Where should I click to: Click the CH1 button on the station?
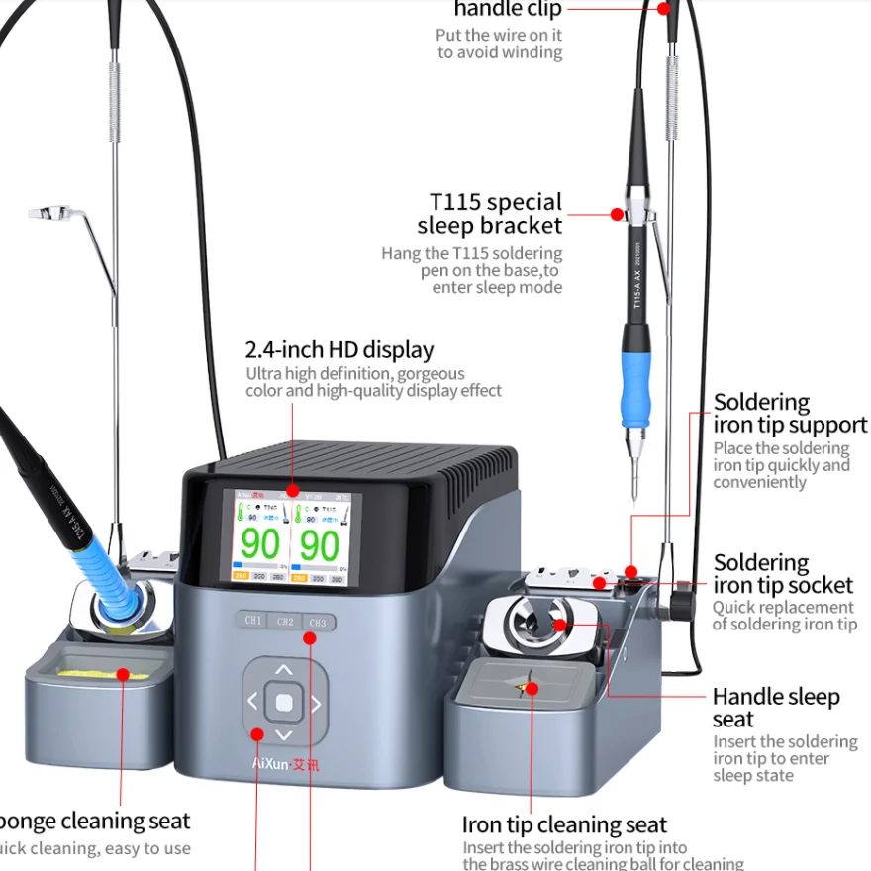tap(253, 621)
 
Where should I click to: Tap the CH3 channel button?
tap(317, 623)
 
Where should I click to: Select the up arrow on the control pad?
tap(284, 671)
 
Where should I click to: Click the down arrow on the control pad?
tap(284, 734)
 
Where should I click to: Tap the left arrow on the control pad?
tap(252, 703)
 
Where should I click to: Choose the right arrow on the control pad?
tap(316, 704)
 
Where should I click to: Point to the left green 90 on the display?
tap(260, 545)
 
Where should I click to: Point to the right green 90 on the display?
tap(320, 545)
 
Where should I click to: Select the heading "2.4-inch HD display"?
tap(339, 349)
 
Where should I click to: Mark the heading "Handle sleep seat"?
tap(775, 708)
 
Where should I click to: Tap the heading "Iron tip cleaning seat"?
tap(564, 824)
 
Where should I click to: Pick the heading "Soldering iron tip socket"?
tap(782, 574)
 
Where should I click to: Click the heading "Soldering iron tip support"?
tap(790, 414)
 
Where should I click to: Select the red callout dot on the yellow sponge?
tap(123, 674)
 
